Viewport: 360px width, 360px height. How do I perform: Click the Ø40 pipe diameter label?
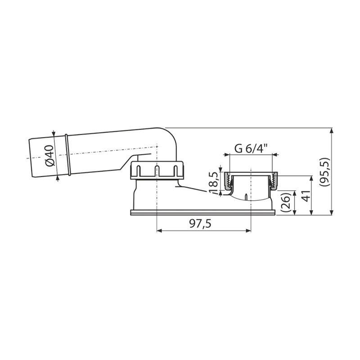click(50, 156)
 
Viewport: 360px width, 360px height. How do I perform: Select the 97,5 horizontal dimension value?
click(200, 223)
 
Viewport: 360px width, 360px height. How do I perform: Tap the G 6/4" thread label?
click(251, 149)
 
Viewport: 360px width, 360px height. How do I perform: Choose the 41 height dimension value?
click(306, 196)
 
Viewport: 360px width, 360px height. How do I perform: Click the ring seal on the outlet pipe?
click(68, 155)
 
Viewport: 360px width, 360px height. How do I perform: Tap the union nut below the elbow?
click(157, 170)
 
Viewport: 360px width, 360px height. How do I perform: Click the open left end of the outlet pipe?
click(30, 158)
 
